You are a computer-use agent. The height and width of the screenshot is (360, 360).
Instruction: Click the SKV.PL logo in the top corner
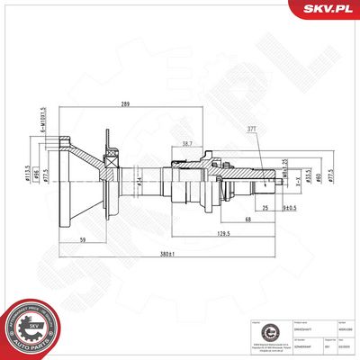click(x=327, y=10)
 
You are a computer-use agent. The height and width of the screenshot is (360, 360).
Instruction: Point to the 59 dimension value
click(x=82, y=239)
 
